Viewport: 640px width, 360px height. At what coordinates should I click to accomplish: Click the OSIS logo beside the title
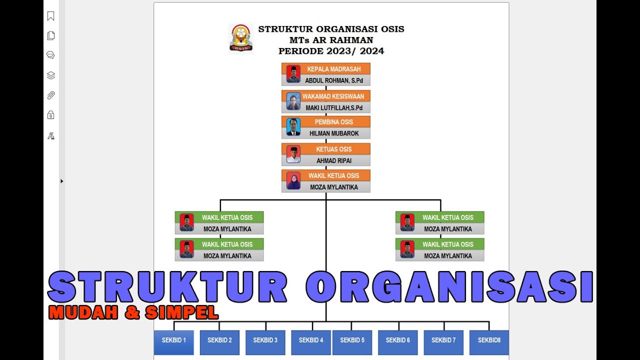tap(240, 38)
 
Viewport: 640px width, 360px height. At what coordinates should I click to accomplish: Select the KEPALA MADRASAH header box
tap(333, 69)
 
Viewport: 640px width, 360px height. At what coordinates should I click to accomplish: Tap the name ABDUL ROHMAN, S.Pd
tap(334, 80)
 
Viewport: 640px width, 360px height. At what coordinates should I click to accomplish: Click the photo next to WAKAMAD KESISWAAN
tap(293, 101)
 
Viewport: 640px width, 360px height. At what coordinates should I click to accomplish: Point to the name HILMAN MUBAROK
tap(334, 133)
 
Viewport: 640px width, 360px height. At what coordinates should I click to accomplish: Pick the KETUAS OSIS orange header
tap(333, 149)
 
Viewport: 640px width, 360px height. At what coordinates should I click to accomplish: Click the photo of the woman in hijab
tap(293, 181)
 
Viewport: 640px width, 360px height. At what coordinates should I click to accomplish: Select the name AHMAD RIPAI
tap(334, 160)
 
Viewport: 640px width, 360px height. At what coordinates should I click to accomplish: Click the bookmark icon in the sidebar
tap(50, 16)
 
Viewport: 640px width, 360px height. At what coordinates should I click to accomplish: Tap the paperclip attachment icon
tap(50, 95)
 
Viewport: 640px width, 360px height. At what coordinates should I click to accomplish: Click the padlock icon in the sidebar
tap(50, 115)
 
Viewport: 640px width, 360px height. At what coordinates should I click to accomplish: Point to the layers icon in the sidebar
tap(50, 75)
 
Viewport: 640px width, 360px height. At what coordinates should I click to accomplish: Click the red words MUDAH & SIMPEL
tap(133, 312)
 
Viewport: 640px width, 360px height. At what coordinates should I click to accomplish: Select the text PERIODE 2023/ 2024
tap(331, 51)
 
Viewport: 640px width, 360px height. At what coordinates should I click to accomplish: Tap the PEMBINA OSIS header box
tap(333, 122)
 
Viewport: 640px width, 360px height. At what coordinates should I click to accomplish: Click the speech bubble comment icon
tap(50, 55)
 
